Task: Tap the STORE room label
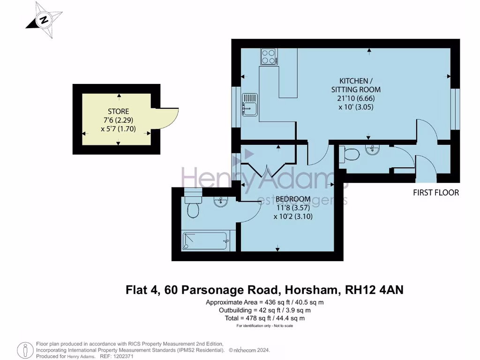point(118,111)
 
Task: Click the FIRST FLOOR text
point(435,192)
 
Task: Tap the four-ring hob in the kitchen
point(269,57)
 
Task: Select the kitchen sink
point(249,105)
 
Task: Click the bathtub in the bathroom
point(205,242)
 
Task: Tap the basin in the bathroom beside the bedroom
point(220,202)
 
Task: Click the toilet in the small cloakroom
point(349,153)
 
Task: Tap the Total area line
point(265,318)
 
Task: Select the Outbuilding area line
point(265,310)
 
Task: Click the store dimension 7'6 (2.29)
point(118,120)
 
